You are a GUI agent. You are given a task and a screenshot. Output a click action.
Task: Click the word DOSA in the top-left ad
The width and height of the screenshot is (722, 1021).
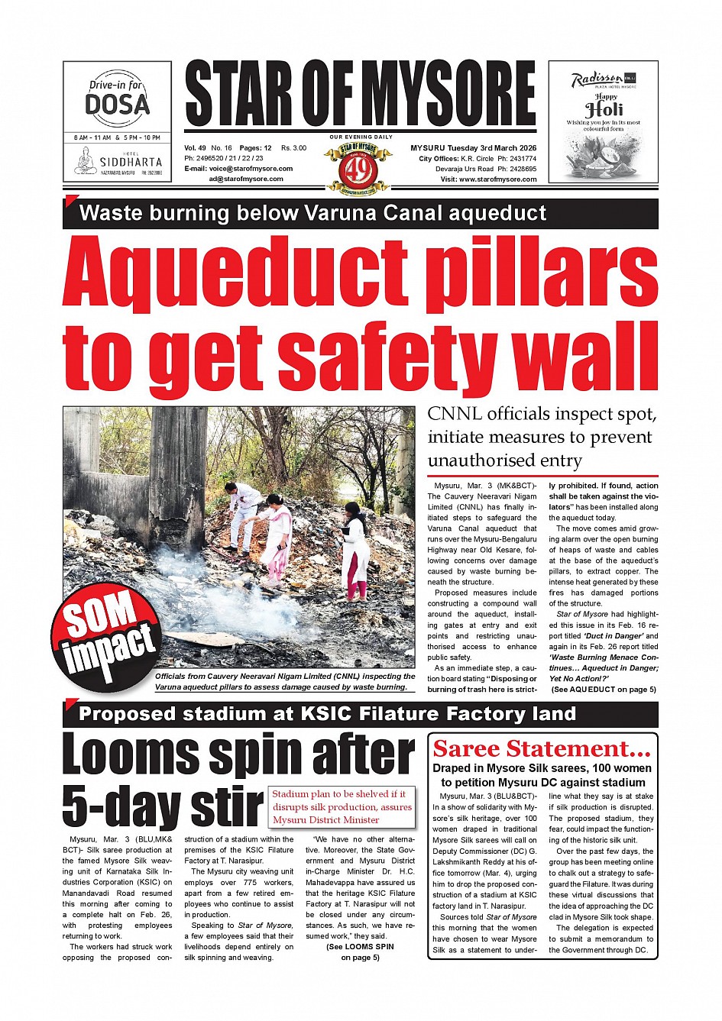117,103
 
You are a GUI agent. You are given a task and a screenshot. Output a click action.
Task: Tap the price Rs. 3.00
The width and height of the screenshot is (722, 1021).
293,148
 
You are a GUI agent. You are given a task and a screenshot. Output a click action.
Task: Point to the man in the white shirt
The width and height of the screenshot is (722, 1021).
244,515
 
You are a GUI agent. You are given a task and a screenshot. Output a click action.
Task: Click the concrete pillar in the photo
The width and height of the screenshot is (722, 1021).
178,466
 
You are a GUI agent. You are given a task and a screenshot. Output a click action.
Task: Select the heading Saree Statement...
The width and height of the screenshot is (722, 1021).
542,748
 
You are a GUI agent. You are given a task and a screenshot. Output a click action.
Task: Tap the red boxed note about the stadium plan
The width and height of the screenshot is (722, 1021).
342,806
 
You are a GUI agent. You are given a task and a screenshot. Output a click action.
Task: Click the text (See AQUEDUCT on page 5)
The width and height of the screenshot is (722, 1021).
603,690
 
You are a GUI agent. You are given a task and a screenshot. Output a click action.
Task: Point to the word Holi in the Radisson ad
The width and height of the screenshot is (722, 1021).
604,109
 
